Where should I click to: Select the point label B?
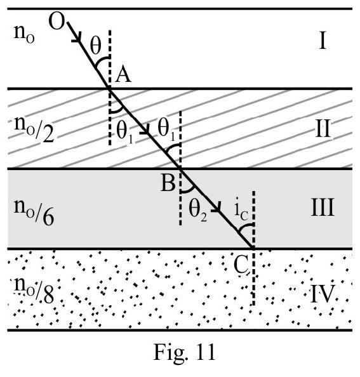point(168,183)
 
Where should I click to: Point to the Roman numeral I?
point(323,41)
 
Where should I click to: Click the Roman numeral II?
point(323,129)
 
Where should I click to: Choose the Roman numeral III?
point(323,208)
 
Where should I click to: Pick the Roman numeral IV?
point(323,294)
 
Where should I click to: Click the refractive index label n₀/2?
point(34,129)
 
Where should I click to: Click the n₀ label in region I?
point(24,34)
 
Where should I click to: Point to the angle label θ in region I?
point(95,46)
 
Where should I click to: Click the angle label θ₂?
point(197,209)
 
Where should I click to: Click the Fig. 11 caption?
point(184,352)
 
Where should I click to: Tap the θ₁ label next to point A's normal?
point(124,131)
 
